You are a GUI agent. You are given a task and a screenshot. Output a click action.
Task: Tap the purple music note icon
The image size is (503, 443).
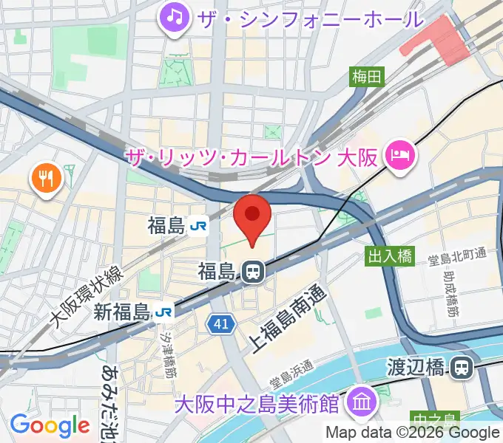click(175, 16)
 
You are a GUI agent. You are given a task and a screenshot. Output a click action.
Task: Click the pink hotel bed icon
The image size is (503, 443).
click(402, 155)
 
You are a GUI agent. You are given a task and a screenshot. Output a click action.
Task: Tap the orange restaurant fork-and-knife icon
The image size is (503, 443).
click(46, 178)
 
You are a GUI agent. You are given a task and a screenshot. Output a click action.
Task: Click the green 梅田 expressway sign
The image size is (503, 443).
click(368, 75)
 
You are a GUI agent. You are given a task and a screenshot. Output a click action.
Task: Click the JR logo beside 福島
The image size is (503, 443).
click(198, 226)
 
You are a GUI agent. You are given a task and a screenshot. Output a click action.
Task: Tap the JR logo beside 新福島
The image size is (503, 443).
click(165, 313)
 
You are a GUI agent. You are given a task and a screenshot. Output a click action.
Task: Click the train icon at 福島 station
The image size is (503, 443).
click(252, 272)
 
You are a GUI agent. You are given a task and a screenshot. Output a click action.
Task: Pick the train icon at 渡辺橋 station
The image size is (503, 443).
click(463, 366)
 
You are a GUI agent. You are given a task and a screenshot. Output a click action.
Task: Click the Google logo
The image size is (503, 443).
click(50, 425)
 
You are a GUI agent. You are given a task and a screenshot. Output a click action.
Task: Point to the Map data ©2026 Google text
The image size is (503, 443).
click(412, 433)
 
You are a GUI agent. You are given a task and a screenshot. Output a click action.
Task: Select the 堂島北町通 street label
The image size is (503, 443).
click(458, 256)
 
